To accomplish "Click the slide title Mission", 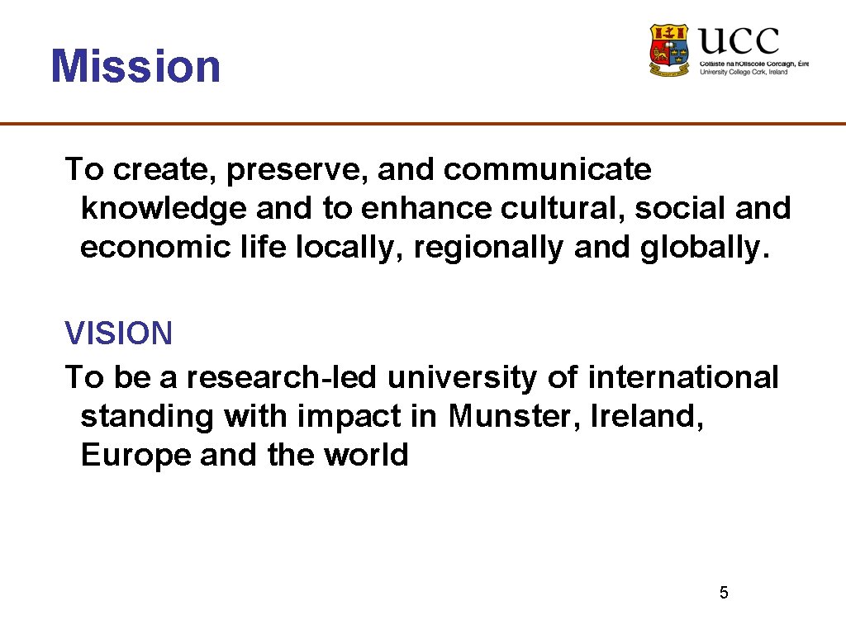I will tap(135, 67).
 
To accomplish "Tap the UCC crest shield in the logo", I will tap(669, 50).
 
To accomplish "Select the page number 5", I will tap(724, 593).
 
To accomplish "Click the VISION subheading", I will tap(119, 334).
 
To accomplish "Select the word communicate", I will tap(547, 170).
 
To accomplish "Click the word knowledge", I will tap(164, 209).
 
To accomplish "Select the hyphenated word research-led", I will tap(281, 377).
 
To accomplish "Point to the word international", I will tap(682, 377).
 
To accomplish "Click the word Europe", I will tap(135, 455).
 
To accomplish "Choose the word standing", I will tap(146, 416).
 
